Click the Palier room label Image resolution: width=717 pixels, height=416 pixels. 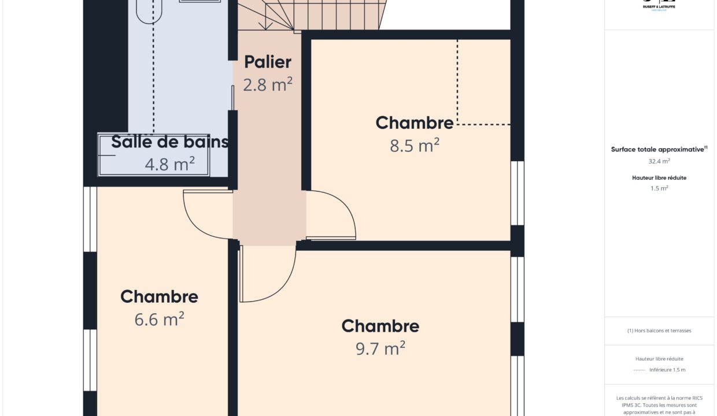click(268, 62)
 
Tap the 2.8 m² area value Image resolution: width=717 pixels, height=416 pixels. click(268, 85)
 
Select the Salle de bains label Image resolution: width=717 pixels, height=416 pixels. click(169, 142)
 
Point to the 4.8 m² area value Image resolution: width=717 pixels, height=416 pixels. click(169, 165)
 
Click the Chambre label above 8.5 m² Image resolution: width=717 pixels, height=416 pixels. click(414, 122)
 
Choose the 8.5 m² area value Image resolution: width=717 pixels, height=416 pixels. click(414, 146)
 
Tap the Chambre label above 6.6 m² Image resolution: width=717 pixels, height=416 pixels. click(159, 296)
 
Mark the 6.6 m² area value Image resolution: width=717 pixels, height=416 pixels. click(159, 319)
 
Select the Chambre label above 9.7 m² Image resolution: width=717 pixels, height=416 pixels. click(380, 326)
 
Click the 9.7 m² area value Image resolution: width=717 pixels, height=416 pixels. click(380, 348)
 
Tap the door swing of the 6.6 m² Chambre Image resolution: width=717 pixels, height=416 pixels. click(205, 214)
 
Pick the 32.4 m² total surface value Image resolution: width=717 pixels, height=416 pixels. click(659, 162)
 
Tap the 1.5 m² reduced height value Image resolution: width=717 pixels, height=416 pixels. click(659, 188)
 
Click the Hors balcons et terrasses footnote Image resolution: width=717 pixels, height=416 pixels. click(659, 330)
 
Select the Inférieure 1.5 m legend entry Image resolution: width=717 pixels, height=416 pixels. click(667, 370)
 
